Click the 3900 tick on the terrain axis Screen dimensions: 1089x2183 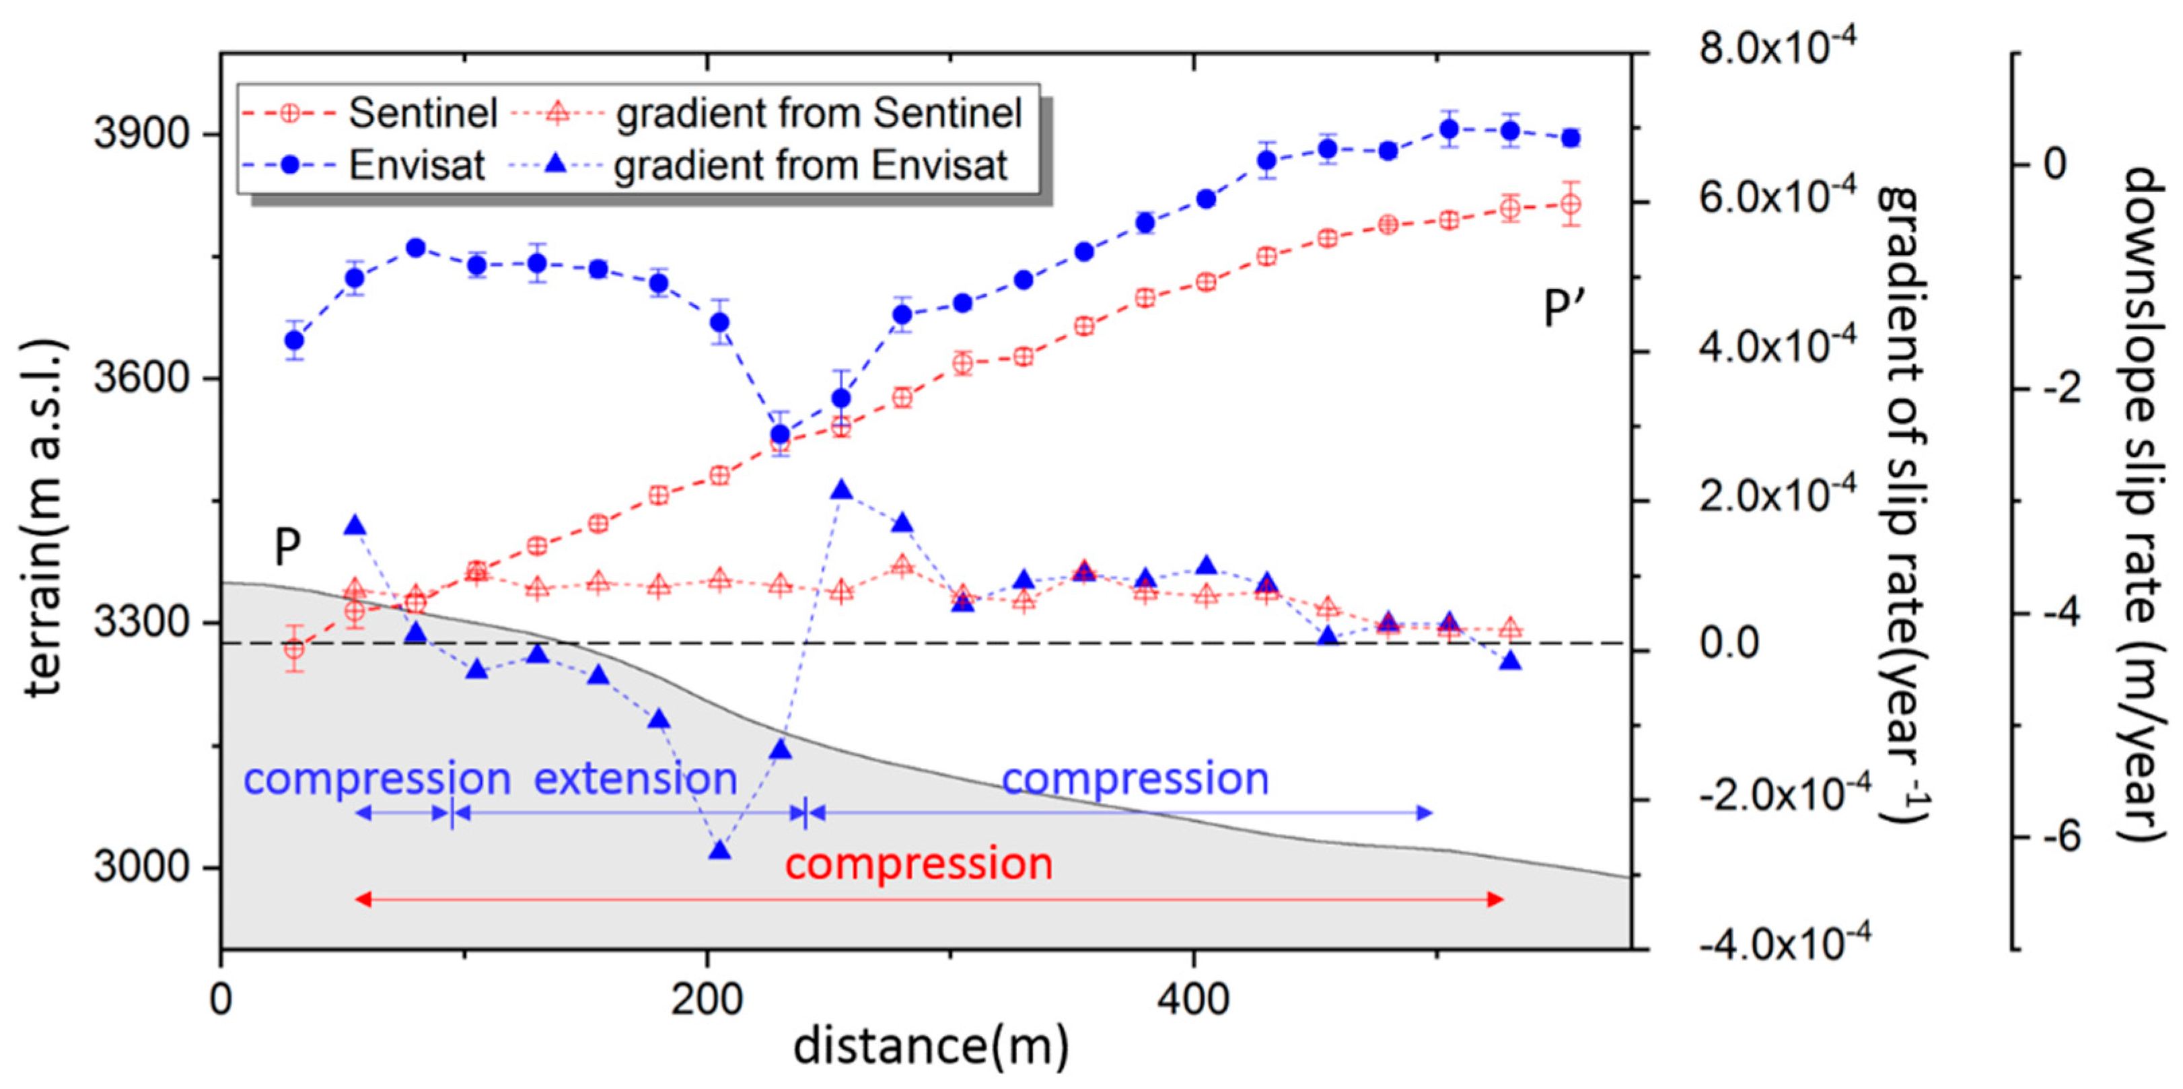click(x=140, y=134)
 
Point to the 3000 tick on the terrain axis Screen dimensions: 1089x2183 click(x=140, y=867)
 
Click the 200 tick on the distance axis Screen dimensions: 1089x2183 click(x=707, y=1001)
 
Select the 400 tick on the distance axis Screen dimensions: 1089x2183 click(x=1193, y=1001)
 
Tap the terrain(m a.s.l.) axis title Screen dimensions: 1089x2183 click(x=44, y=517)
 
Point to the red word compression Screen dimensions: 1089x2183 click(x=919, y=864)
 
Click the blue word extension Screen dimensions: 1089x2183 click(x=635, y=778)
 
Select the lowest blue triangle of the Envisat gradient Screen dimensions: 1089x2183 click(x=719, y=850)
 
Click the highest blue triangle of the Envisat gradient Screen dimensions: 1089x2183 click(x=842, y=490)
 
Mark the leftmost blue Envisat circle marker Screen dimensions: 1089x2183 click(x=294, y=340)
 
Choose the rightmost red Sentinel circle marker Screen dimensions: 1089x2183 click(x=1571, y=204)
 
